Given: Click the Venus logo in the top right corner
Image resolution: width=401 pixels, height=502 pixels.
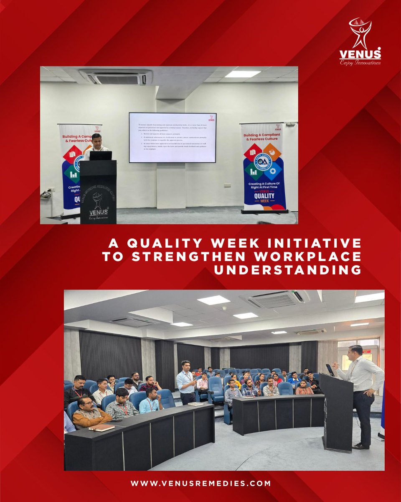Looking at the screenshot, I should click(x=360, y=41).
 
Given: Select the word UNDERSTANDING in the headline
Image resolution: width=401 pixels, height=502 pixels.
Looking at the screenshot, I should click(x=288, y=270).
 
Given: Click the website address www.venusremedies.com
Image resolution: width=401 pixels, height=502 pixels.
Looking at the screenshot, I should click(x=200, y=483).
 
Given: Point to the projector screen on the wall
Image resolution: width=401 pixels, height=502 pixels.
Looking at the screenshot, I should click(x=172, y=137).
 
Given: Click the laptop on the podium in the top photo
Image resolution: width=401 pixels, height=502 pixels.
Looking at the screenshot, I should click(x=101, y=156).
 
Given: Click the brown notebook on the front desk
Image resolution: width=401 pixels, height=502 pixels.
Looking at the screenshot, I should click(x=101, y=427).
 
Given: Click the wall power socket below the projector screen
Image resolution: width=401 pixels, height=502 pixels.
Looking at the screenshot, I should click(x=228, y=185).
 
